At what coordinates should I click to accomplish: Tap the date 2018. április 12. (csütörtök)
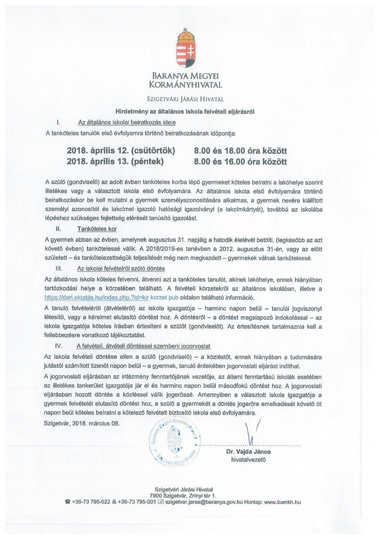click(121, 150)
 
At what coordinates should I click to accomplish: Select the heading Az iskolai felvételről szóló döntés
click(122, 269)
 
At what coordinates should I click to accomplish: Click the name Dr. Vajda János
click(248, 452)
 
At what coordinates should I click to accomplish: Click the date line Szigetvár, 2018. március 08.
click(83, 423)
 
